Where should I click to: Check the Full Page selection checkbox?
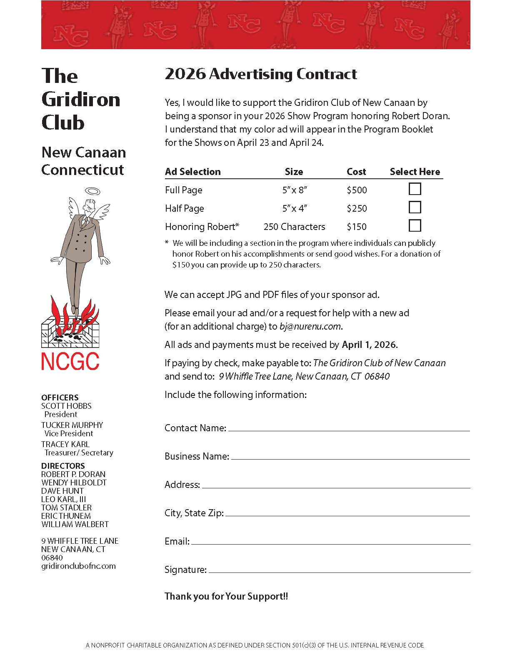point(415,189)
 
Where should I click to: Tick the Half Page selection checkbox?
point(415,207)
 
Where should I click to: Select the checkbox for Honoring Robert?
point(415,226)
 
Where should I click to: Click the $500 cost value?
point(357,190)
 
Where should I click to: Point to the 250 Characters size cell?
point(294,227)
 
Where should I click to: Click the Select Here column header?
point(415,172)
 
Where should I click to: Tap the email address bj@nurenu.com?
point(310,326)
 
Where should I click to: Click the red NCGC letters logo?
point(70,361)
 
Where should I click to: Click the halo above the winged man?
point(92,192)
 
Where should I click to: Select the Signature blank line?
point(339,571)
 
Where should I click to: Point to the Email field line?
point(330,542)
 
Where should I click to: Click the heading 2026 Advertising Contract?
point(261,74)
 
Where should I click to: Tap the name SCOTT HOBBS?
point(66,406)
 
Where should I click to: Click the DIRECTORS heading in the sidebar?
point(63,466)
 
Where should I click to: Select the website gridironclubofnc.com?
point(78,566)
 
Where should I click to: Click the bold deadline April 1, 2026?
point(370,345)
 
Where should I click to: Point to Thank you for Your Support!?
point(226,596)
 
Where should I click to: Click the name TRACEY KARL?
point(65,444)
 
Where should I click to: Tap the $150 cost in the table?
point(357,227)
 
